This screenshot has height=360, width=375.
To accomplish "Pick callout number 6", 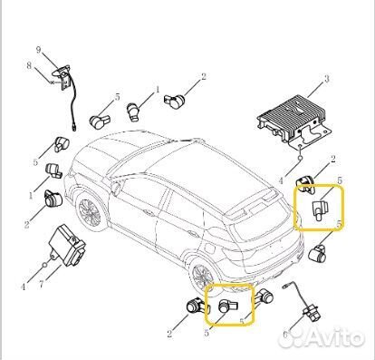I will (x=286, y=335).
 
